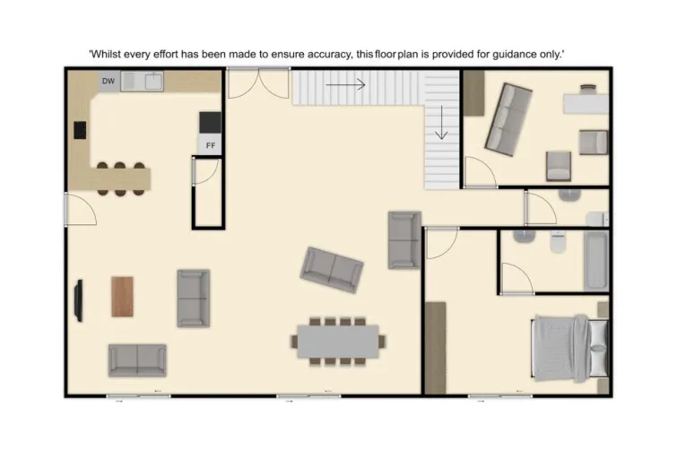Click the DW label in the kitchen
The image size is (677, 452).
pos(108,82)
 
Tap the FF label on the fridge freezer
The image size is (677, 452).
pos(211,144)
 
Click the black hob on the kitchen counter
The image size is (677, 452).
pos(80,130)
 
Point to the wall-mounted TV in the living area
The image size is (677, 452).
pos(79,300)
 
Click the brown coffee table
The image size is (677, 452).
pos(122,296)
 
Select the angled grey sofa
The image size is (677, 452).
pos(332,268)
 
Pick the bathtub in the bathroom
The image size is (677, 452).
pos(595,260)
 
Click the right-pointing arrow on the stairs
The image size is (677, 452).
pos(346,85)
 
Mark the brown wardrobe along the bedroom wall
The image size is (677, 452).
pos(435,348)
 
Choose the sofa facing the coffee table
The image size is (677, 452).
pos(193,297)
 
